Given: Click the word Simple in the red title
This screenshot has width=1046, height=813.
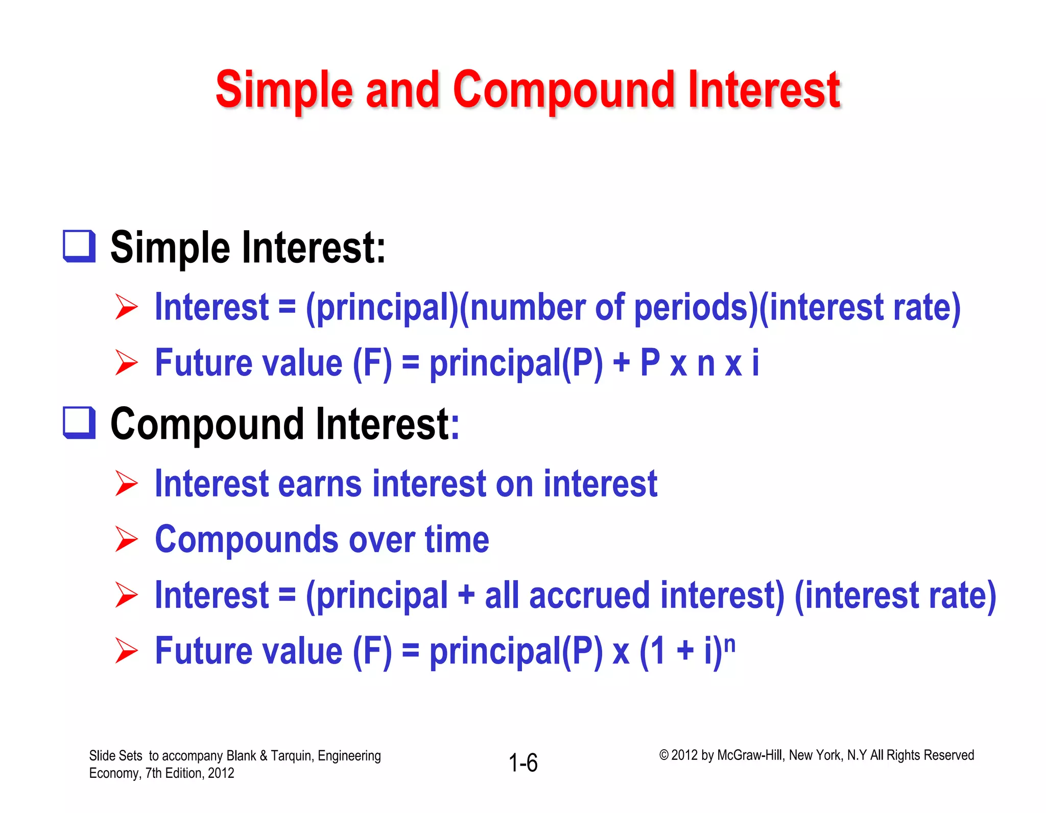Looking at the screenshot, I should [x=284, y=91].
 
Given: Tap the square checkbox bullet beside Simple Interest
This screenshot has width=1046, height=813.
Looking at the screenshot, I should [x=79, y=246].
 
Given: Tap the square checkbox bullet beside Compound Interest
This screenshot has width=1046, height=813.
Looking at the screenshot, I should [x=79, y=423].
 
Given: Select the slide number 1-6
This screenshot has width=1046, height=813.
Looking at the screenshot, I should [x=523, y=763].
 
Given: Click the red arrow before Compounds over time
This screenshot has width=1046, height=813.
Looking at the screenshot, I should [x=126, y=539].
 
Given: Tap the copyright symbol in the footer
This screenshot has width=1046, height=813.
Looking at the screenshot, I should [x=663, y=755].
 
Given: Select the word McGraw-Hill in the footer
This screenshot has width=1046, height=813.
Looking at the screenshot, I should [x=749, y=755].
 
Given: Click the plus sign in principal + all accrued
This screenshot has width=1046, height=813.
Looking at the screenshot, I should [x=466, y=596].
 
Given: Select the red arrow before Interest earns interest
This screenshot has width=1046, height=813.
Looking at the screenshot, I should [x=126, y=483].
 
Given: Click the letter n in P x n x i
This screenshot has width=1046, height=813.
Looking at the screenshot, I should [x=705, y=363].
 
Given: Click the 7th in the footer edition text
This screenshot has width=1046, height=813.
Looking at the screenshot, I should [x=154, y=773].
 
